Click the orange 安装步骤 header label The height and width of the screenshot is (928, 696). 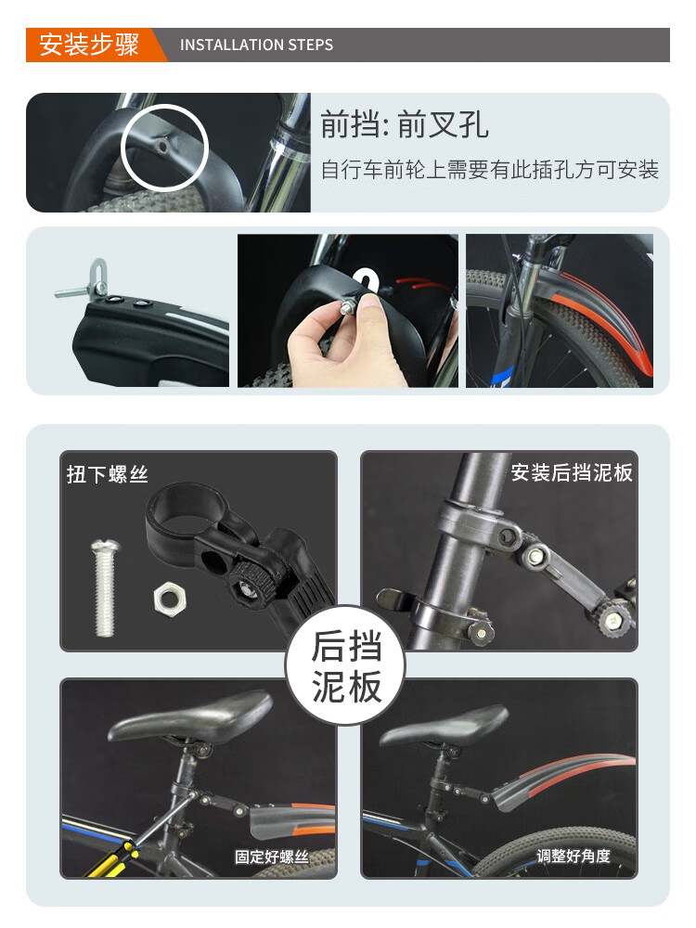pyautogui.click(x=89, y=45)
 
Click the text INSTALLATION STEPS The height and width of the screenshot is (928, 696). pyautogui.click(x=256, y=45)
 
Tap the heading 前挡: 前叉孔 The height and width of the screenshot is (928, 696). pyautogui.click(x=405, y=124)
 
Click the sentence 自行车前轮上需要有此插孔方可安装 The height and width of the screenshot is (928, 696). pyautogui.click(x=490, y=170)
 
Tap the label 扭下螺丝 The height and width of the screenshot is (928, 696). pyautogui.click(x=107, y=474)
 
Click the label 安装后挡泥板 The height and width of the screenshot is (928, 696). pyautogui.click(x=572, y=472)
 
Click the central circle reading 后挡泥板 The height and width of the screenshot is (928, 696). pyautogui.click(x=345, y=665)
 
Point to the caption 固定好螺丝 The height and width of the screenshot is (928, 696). pyautogui.click(x=272, y=857)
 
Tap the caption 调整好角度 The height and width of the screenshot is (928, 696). pyautogui.click(x=573, y=856)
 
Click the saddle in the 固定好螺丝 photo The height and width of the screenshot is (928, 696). pyautogui.click(x=190, y=716)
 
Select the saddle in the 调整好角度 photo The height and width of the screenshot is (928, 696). pyautogui.click(x=444, y=725)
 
